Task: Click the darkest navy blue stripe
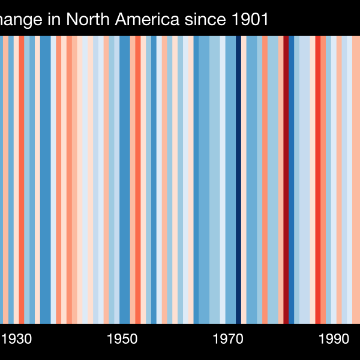[x=238, y=180]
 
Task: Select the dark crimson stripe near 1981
[x=286, y=180]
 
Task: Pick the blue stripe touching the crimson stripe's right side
[x=292, y=180]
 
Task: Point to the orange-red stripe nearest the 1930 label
[x=21, y=180]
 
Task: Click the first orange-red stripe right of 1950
[x=138, y=180]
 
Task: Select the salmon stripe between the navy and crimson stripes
[x=265, y=180]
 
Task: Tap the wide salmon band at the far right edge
[x=356, y=180]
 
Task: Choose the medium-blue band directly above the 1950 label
[x=124, y=180]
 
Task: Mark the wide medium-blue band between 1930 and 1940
[x=45, y=180]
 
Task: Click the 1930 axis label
[x=17, y=338]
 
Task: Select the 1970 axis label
[x=228, y=338]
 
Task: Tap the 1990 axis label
[x=334, y=338]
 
